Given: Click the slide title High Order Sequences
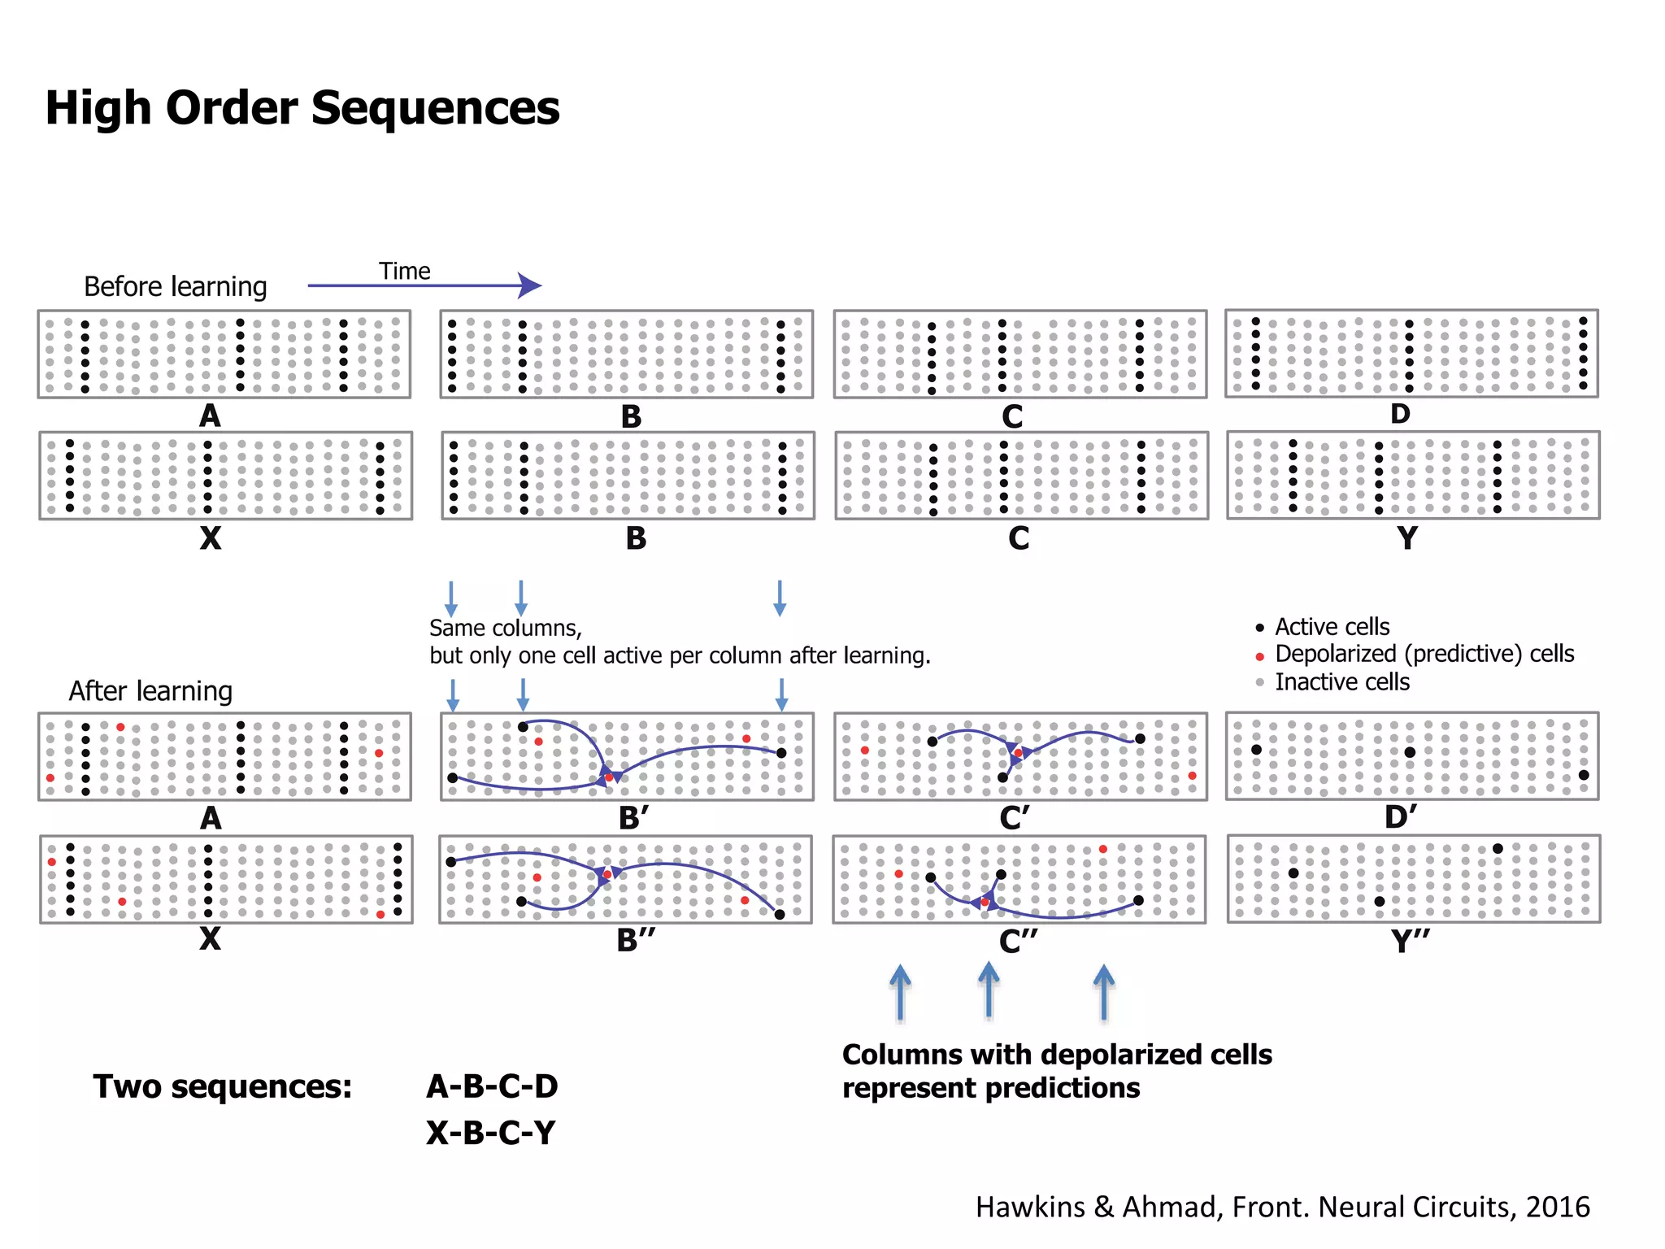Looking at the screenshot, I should click(302, 108).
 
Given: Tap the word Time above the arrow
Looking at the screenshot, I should click(404, 271).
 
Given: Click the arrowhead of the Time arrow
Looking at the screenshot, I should click(530, 285).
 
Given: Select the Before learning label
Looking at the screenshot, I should click(175, 286).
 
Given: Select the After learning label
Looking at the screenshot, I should click(150, 690).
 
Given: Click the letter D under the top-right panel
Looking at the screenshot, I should click(1399, 414).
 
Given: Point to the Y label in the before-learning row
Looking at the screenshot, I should click(1406, 537).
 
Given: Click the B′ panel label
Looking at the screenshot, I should click(633, 817).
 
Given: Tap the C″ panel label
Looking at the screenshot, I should click(1018, 941).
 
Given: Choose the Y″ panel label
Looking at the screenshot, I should click(1410, 941).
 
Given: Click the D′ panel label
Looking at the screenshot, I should click(1401, 816).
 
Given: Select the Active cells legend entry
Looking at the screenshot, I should click(1332, 627).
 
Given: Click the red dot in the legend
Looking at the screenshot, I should click(1259, 656).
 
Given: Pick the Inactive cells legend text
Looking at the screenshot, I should click(1341, 681).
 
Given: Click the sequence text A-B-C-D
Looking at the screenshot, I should click(492, 1086).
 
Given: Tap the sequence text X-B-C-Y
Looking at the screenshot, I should click(491, 1133).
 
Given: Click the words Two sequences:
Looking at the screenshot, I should click(223, 1086).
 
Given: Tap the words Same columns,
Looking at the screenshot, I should click(505, 628).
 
